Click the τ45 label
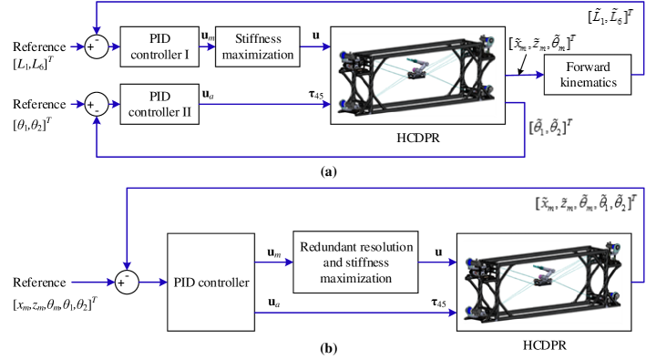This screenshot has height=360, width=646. pyautogui.click(x=315, y=94)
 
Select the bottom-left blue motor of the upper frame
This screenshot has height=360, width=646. pyautogui.click(x=345, y=104)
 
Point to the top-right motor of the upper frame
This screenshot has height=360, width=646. pyautogui.click(x=489, y=42)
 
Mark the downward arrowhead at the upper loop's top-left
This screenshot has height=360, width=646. pyautogui.click(x=97, y=30)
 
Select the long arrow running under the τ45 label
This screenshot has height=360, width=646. pyautogui.click(x=264, y=104)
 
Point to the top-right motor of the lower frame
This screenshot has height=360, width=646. pyautogui.click(x=616, y=248)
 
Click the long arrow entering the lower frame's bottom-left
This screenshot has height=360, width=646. pyautogui.click(x=355, y=313)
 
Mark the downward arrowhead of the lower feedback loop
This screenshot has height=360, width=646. pyautogui.click(x=127, y=264)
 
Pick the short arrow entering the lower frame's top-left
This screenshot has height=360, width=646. pyautogui.click(x=437, y=262)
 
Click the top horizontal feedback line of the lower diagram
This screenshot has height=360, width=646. pyautogui.click(x=383, y=189)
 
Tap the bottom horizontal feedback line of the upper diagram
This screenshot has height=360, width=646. pyautogui.click(x=310, y=156)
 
